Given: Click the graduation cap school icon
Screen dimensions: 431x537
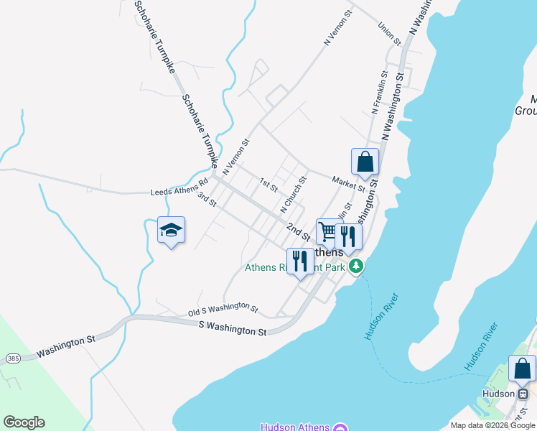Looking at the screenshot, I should (x=171, y=231).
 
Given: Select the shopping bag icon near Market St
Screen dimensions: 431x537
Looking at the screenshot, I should (x=365, y=162).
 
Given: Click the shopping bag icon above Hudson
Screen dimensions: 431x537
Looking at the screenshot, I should (x=522, y=369).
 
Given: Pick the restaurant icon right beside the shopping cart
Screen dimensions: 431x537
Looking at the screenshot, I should (x=348, y=237).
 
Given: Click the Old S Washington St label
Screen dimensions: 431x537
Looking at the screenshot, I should (x=223, y=310).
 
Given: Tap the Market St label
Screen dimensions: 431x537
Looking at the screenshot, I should (x=349, y=185).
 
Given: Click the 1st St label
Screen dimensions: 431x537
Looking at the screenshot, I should (x=268, y=185).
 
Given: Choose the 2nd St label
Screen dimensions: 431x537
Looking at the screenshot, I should (x=298, y=231).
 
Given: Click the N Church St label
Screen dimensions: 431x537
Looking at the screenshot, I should (x=293, y=195).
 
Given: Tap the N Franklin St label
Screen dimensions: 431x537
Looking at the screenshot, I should (x=380, y=91).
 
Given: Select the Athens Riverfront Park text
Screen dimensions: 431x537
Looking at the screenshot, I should (x=295, y=268).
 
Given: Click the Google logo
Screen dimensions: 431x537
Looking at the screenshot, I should (x=24, y=422).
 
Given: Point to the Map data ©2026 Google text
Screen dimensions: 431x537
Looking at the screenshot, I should (x=492, y=425).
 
